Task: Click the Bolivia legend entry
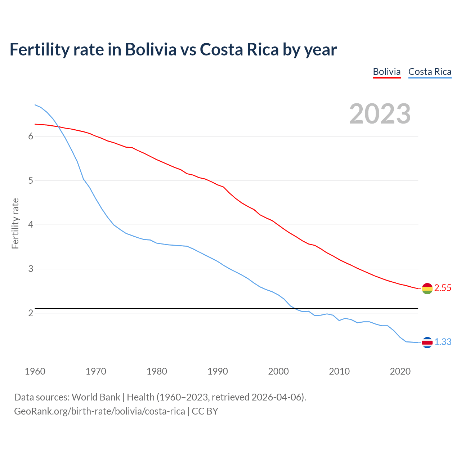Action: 386,72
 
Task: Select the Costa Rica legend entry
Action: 430,72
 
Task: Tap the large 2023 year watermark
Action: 380,114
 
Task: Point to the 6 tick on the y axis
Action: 31,136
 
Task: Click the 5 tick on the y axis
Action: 31,180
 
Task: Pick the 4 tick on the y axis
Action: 31,225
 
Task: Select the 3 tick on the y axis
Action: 31,269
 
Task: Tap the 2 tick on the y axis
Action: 31,313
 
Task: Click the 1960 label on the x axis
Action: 35,371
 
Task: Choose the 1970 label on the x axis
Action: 96,371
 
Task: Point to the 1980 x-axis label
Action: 157,371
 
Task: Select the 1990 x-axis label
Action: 218,371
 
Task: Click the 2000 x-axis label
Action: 278,371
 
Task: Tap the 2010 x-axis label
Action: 339,371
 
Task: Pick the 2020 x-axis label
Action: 400,371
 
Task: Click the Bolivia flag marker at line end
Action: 427,288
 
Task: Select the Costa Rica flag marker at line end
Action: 427,343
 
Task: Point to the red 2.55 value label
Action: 443,288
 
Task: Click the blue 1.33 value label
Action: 443,342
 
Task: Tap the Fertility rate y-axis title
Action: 15,223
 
